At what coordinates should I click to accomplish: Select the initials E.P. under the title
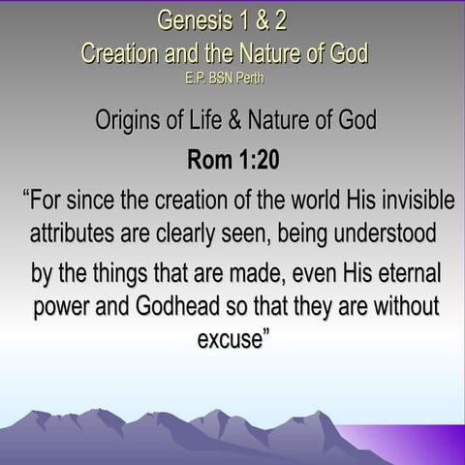click(x=198, y=77)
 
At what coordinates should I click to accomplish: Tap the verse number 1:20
click(x=256, y=160)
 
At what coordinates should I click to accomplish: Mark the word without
click(x=402, y=307)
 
